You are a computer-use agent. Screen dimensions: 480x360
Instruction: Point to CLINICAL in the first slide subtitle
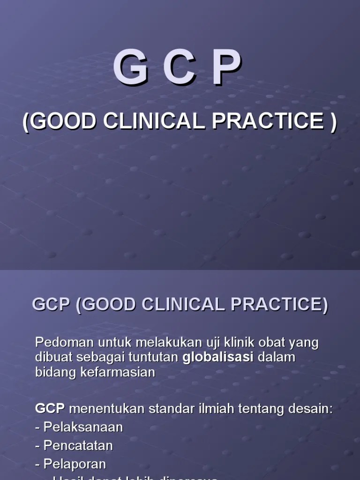pos(154,121)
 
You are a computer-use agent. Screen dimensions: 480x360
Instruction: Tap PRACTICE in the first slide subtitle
pos(268,121)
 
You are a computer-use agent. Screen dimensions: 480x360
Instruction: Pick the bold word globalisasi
pos(217,358)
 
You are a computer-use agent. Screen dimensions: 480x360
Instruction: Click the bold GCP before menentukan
pos(50,409)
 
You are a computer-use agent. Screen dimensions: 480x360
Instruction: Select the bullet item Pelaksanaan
pos(83,427)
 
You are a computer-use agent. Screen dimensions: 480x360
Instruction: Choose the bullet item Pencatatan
pos(78,445)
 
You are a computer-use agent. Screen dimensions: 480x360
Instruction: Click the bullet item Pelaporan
pos(75,464)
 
